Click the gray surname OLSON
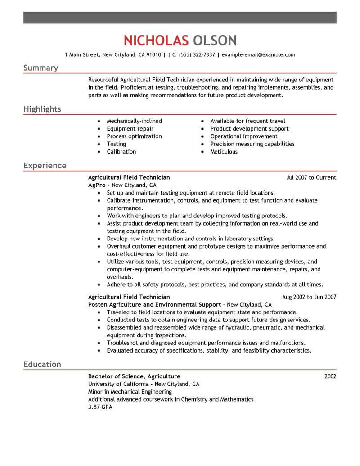[x=215, y=41]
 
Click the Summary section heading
[x=40, y=68]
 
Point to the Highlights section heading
[x=42, y=109]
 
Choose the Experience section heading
[x=45, y=166]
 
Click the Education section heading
[x=42, y=364]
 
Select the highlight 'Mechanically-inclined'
[x=134, y=121]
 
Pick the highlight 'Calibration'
[x=121, y=152]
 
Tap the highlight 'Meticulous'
[x=224, y=152]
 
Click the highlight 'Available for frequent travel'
[x=247, y=121]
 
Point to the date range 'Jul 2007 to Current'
[x=311, y=177]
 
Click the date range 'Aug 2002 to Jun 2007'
[x=309, y=297]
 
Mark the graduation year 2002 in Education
[x=330, y=376]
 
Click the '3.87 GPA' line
[x=100, y=407]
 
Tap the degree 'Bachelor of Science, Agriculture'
[x=134, y=376]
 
